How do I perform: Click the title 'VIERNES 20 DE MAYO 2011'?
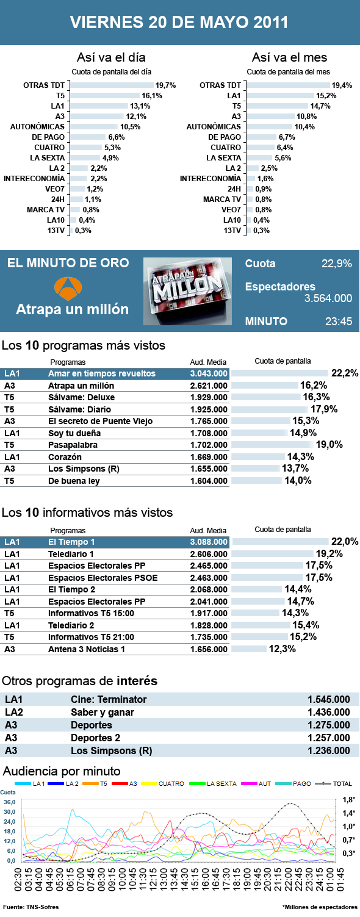179,23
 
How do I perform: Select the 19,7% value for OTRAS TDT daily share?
165,85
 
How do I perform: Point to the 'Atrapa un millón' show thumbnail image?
187,291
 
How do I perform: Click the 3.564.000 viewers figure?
328,298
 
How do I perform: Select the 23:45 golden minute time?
338,321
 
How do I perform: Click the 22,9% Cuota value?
337,264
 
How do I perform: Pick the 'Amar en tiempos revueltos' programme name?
102,373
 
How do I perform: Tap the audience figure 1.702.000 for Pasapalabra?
209,445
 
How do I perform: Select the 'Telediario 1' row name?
71,554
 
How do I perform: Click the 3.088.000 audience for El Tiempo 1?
209,542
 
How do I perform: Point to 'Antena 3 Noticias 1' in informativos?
87,649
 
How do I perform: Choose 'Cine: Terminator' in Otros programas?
109,699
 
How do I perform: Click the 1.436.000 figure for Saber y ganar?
329,712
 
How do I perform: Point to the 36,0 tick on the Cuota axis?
9,802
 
